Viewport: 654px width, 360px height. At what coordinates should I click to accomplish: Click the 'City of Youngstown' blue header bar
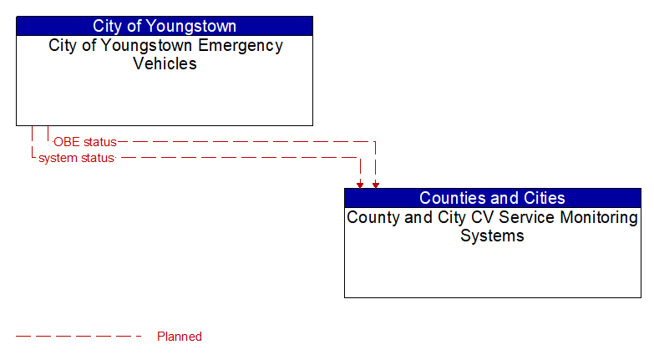click(165, 26)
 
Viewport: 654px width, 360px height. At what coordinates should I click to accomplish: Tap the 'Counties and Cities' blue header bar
click(493, 198)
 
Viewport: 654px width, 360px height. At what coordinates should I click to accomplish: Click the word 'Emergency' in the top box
click(241, 46)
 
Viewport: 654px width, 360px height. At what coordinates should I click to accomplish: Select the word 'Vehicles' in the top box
click(165, 63)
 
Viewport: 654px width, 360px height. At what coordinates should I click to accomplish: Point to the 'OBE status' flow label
click(85, 142)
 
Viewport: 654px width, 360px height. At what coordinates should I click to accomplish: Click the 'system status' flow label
click(76, 158)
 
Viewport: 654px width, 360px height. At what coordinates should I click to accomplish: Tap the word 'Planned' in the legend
click(180, 337)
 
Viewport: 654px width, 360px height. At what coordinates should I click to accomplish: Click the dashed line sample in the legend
click(79, 337)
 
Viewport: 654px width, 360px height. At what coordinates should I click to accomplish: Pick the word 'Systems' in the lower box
click(492, 236)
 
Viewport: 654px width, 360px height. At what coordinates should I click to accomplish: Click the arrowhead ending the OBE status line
click(376, 185)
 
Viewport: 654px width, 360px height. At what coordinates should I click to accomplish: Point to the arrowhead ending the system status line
click(360, 185)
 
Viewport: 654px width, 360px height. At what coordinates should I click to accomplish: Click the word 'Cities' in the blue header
click(545, 198)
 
